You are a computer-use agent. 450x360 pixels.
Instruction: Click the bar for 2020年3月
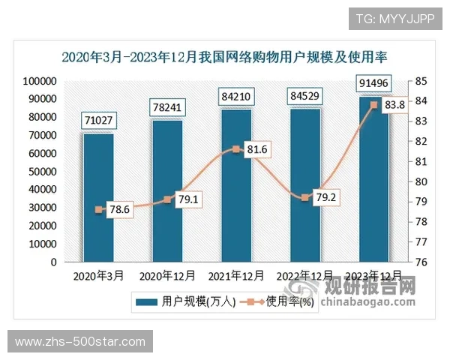pyautogui.click(x=98, y=198)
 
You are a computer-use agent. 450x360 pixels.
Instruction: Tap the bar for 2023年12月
pyautogui.click(x=374, y=180)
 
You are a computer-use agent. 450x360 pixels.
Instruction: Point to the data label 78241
pyautogui.click(x=167, y=106)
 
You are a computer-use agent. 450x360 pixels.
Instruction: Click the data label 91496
pyautogui.click(x=374, y=82)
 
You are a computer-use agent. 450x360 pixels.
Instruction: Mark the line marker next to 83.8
pyautogui.click(x=374, y=105)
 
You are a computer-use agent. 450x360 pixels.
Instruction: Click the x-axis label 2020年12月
pyautogui.click(x=167, y=275)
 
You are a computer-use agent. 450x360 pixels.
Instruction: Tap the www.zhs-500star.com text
pyautogui.click(x=80, y=342)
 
